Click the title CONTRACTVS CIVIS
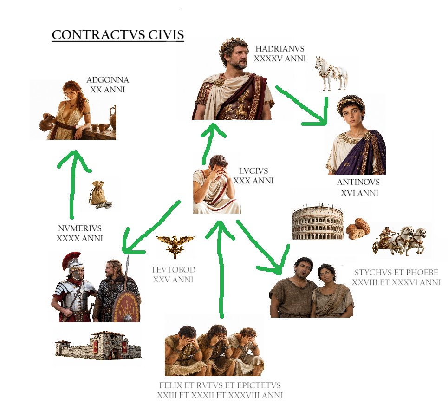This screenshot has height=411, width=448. click(x=118, y=34)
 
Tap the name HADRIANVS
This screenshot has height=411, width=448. click(x=280, y=49)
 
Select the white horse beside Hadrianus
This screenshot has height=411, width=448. click(x=331, y=73)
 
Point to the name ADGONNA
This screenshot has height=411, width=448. click(x=107, y=80)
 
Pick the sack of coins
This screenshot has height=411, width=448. click(x=99, y=194)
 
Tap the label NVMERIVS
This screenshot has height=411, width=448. click(x=80, y=228)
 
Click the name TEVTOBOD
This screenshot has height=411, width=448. click(x=173, y=270)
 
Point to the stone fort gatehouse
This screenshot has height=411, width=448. click(x=106, y=345)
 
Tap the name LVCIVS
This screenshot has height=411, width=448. click(x=253, y=171)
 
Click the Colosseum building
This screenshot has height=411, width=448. click(x=318, y=222)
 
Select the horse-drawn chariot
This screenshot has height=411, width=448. click(x=399, y=240)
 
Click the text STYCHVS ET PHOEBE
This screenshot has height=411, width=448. click(x=396, y=273)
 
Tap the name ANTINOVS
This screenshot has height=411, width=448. click(x=358, y=182)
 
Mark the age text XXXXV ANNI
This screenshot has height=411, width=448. click(x=280, y=59)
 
